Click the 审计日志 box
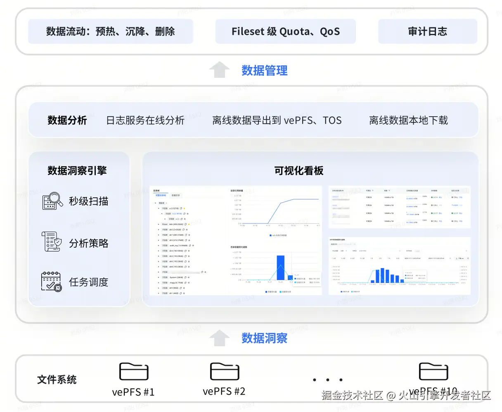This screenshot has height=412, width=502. (427, 31)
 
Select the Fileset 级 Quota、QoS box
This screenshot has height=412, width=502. (285, 31)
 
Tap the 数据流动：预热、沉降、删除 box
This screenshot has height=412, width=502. (110, 31)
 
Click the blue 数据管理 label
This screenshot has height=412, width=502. (264, 71)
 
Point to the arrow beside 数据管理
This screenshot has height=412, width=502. (219, 69)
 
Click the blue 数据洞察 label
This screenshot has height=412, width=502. (264, 338)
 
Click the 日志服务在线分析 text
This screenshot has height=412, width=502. (145, 120)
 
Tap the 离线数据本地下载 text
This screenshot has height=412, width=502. (408, 120)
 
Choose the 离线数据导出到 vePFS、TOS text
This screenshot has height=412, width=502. (277, 120)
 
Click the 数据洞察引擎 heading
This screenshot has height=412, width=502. (77, 170)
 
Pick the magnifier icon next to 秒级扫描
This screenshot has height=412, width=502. (52, 201)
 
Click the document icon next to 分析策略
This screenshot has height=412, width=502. (52, 242)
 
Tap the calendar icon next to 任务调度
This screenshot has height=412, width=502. (52, 282)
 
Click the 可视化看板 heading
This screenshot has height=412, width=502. (298, 170)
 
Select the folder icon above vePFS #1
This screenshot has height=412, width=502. (134, 371)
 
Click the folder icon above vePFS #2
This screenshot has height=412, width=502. (225, 371)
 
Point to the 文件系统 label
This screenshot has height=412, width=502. (57, 380)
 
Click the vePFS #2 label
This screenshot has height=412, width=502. (224, 391)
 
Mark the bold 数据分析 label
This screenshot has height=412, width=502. (67, 120)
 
